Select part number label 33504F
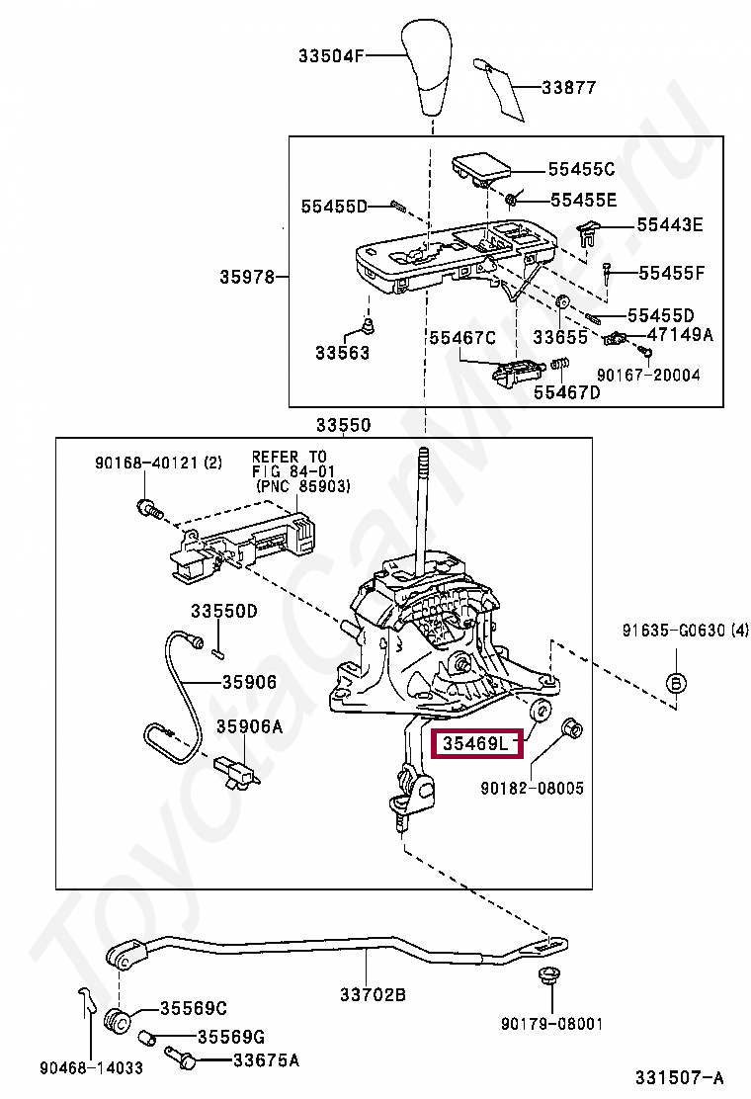tap(331, 56)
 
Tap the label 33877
tap(568, 87)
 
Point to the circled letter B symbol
tap(676, 683)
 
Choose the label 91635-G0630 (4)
tap(685, 631)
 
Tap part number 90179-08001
tap(551, 1025)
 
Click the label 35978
tap(246, 278)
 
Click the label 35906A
tap(250, 726)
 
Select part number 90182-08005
tap(533, 789)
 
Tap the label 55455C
tap(582, 169)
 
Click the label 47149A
tap(679, 334)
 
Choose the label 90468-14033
tap(92, 1067)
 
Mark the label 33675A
tap(265, 1060)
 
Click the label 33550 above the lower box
tap(343, 426)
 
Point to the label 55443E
tap(669, 225)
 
